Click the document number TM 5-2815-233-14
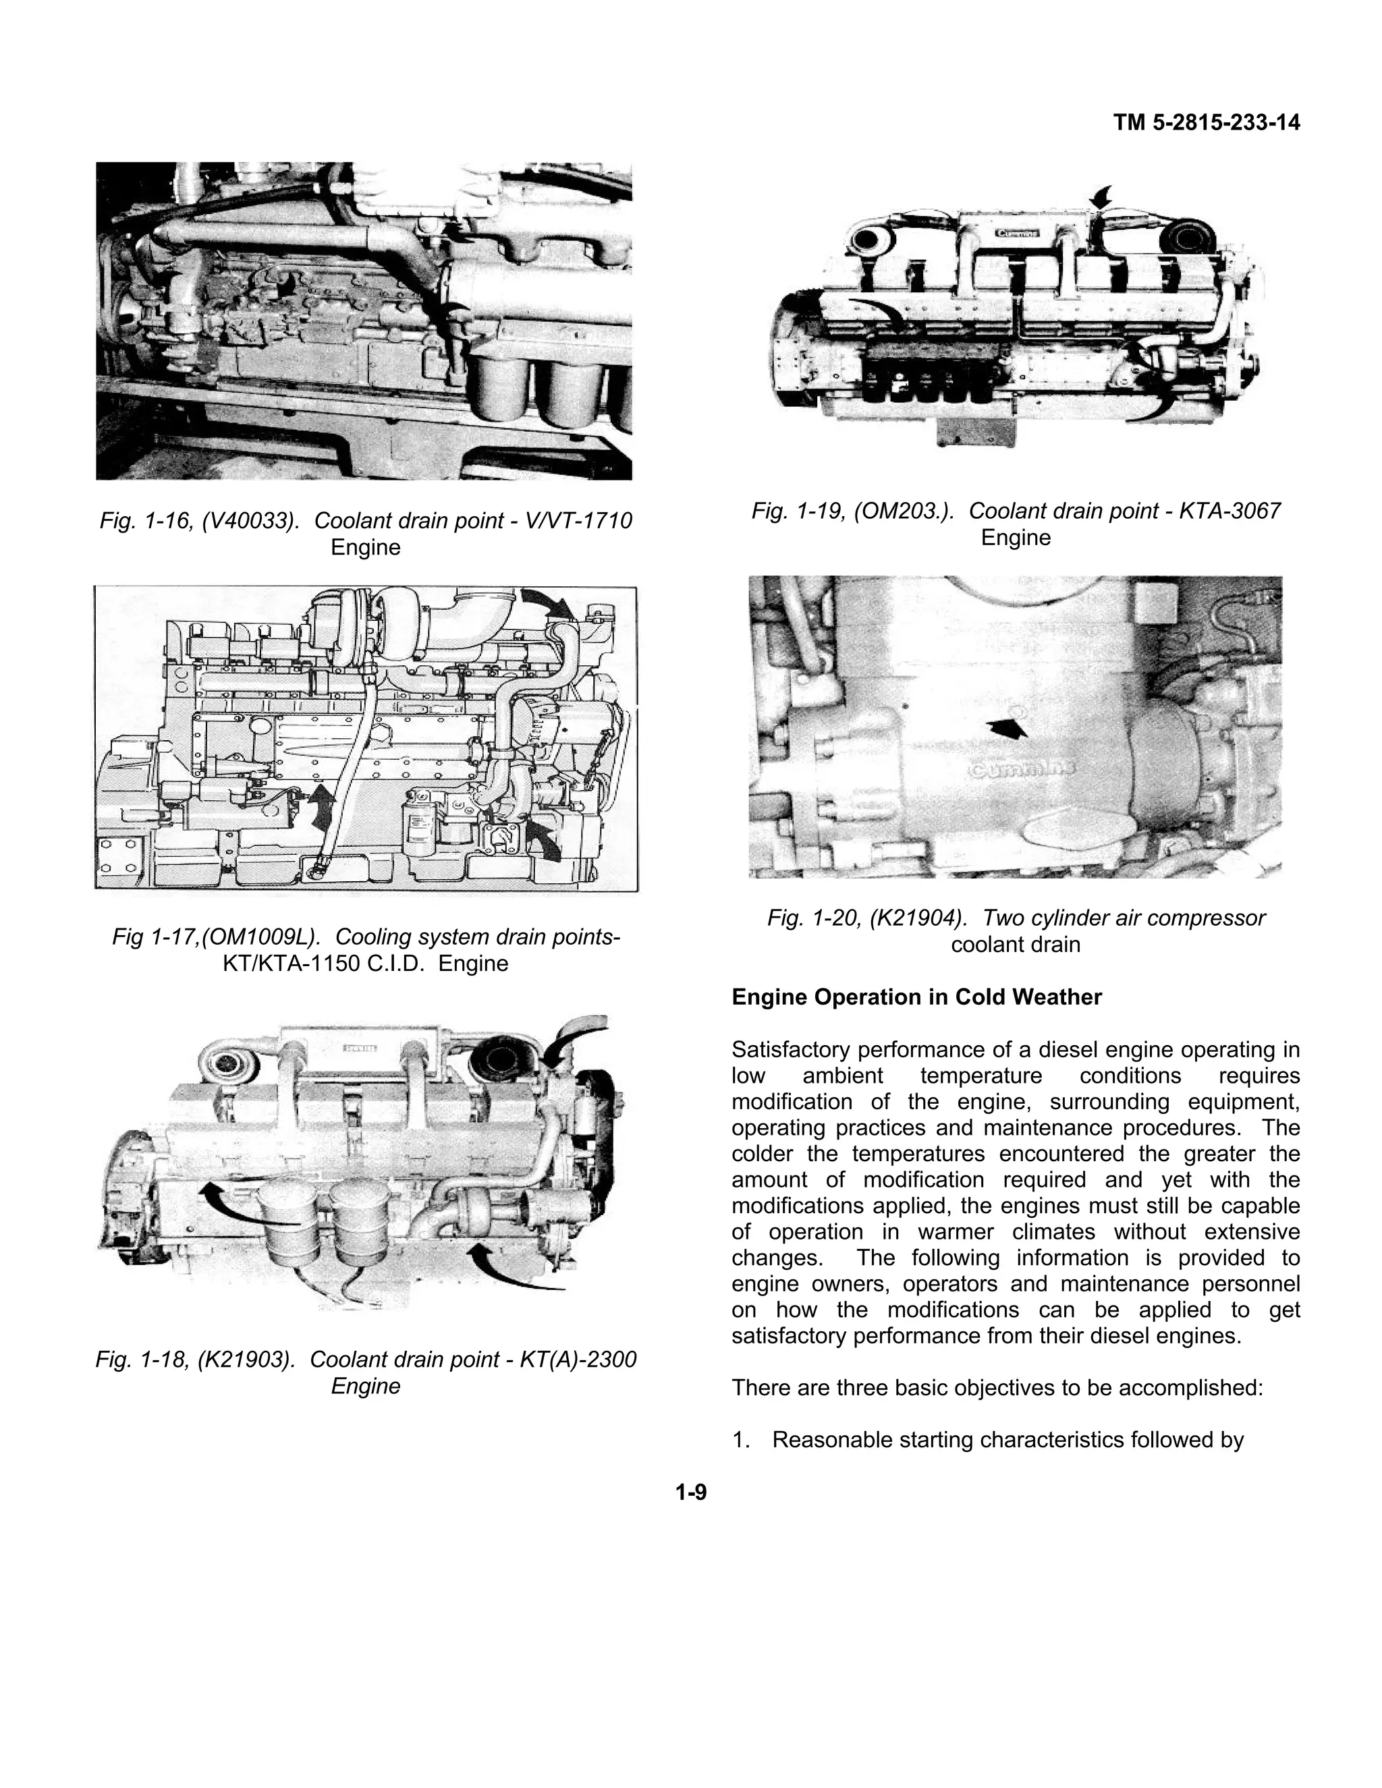(1206, 123)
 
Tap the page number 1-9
(690, 1492)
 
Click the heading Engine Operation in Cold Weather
(916, 997)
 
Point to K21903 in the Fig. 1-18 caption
(246, 1359)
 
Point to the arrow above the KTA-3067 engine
(1103, 196)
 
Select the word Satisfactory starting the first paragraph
(787, 1050)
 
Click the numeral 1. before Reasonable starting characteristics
(741, 1439)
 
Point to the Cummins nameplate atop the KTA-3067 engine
(1016, 233)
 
